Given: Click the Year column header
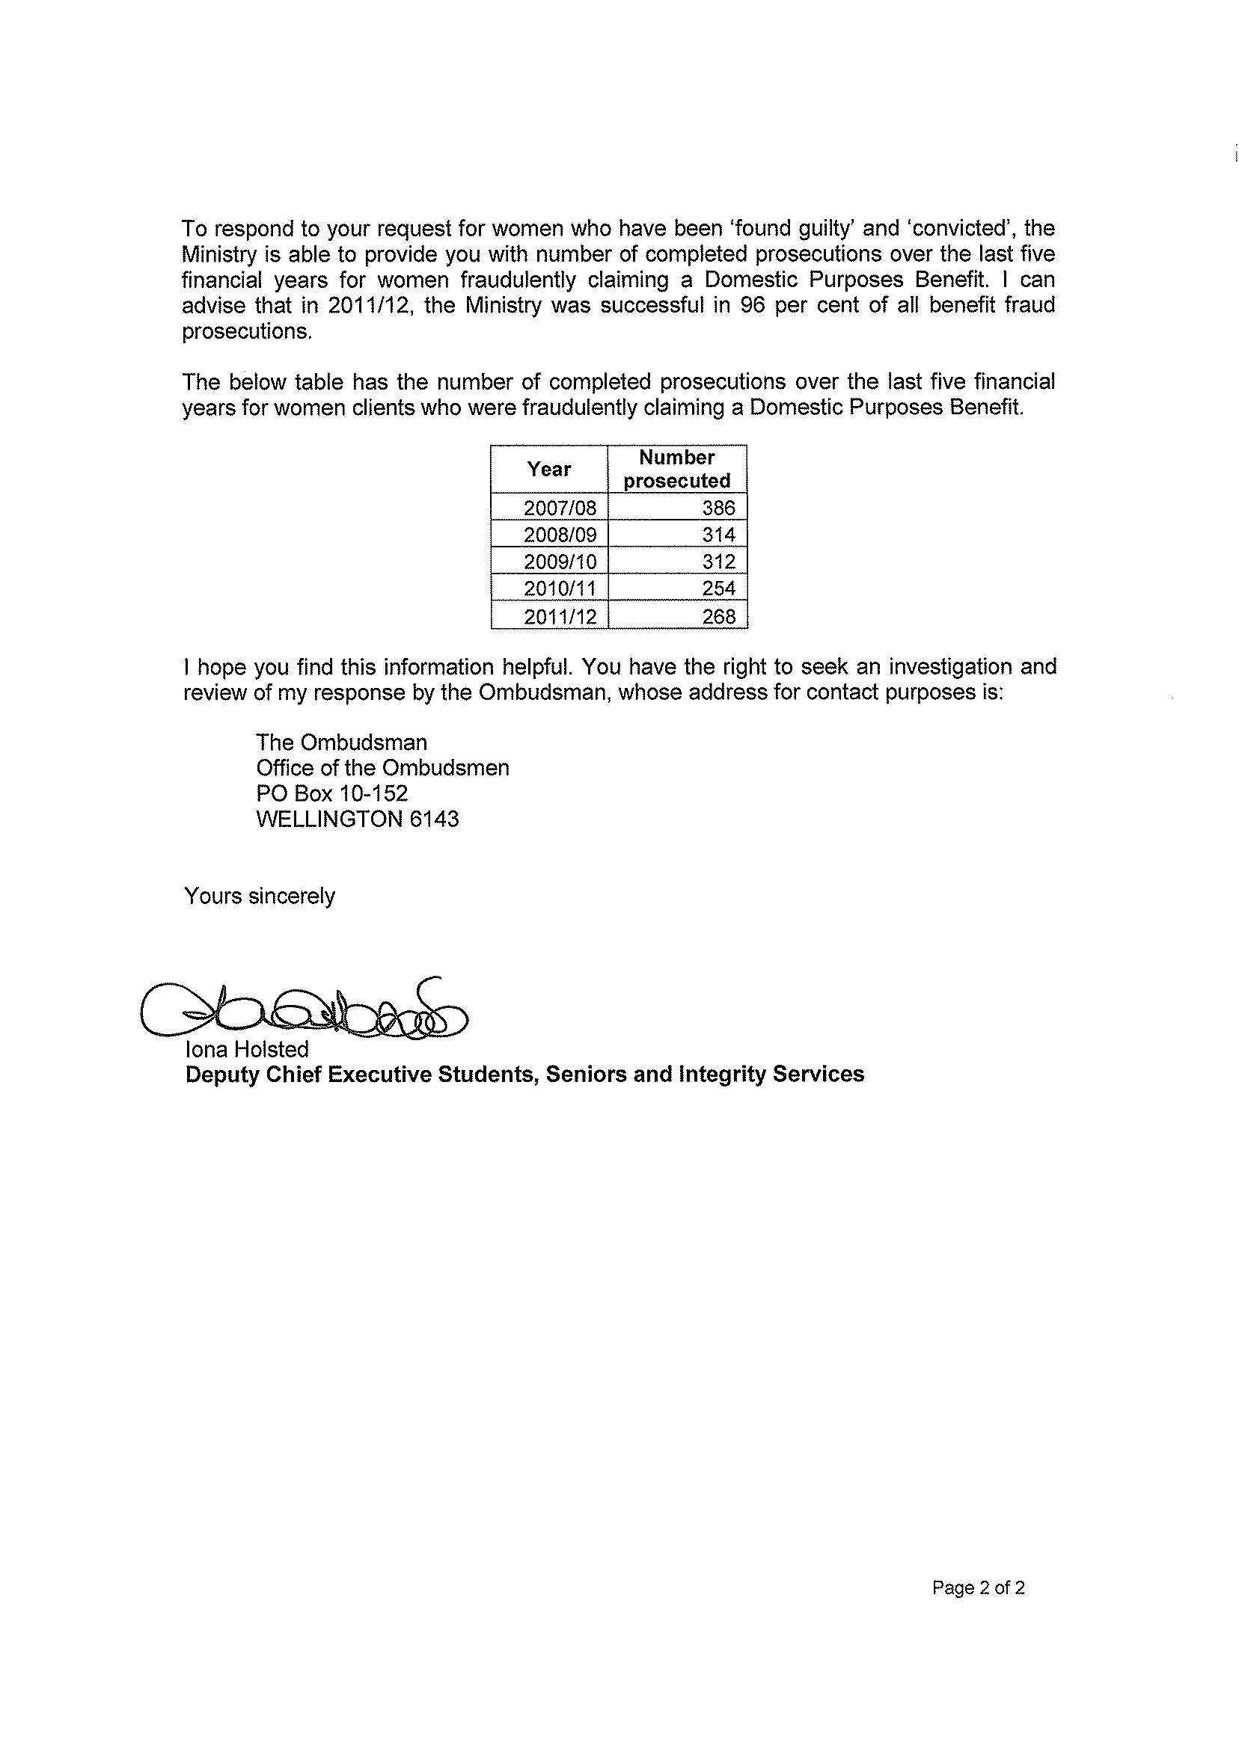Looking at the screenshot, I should click(x=548, y=469).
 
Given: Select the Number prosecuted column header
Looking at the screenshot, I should click(x=676, y=469).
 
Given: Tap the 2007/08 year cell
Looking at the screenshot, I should click(x=559, y=508).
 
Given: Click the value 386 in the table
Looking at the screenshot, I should click(x=719, y=508).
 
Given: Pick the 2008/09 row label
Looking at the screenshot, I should click(x=559, y=535).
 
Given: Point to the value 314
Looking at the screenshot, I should click(x=719, y=535).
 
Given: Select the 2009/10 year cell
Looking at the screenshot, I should click(x=559, y=562).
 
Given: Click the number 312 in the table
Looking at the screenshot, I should click(x=719, y=562).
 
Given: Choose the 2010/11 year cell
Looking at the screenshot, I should click(x=559, y=588).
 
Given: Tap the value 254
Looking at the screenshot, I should click(x=719, y=588).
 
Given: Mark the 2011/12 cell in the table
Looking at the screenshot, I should click(x=559, y=616).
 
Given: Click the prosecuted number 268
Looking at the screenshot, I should click(x=719, y=616).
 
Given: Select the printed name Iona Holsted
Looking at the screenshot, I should click(x=246, y=1049).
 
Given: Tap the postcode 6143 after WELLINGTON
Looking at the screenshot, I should click(x=434, y=819).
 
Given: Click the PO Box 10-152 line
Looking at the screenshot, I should click(x=332, y=793).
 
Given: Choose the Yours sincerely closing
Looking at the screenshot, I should click(x=260, y=896).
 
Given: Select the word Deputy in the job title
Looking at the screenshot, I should click(x=215, y=1075).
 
